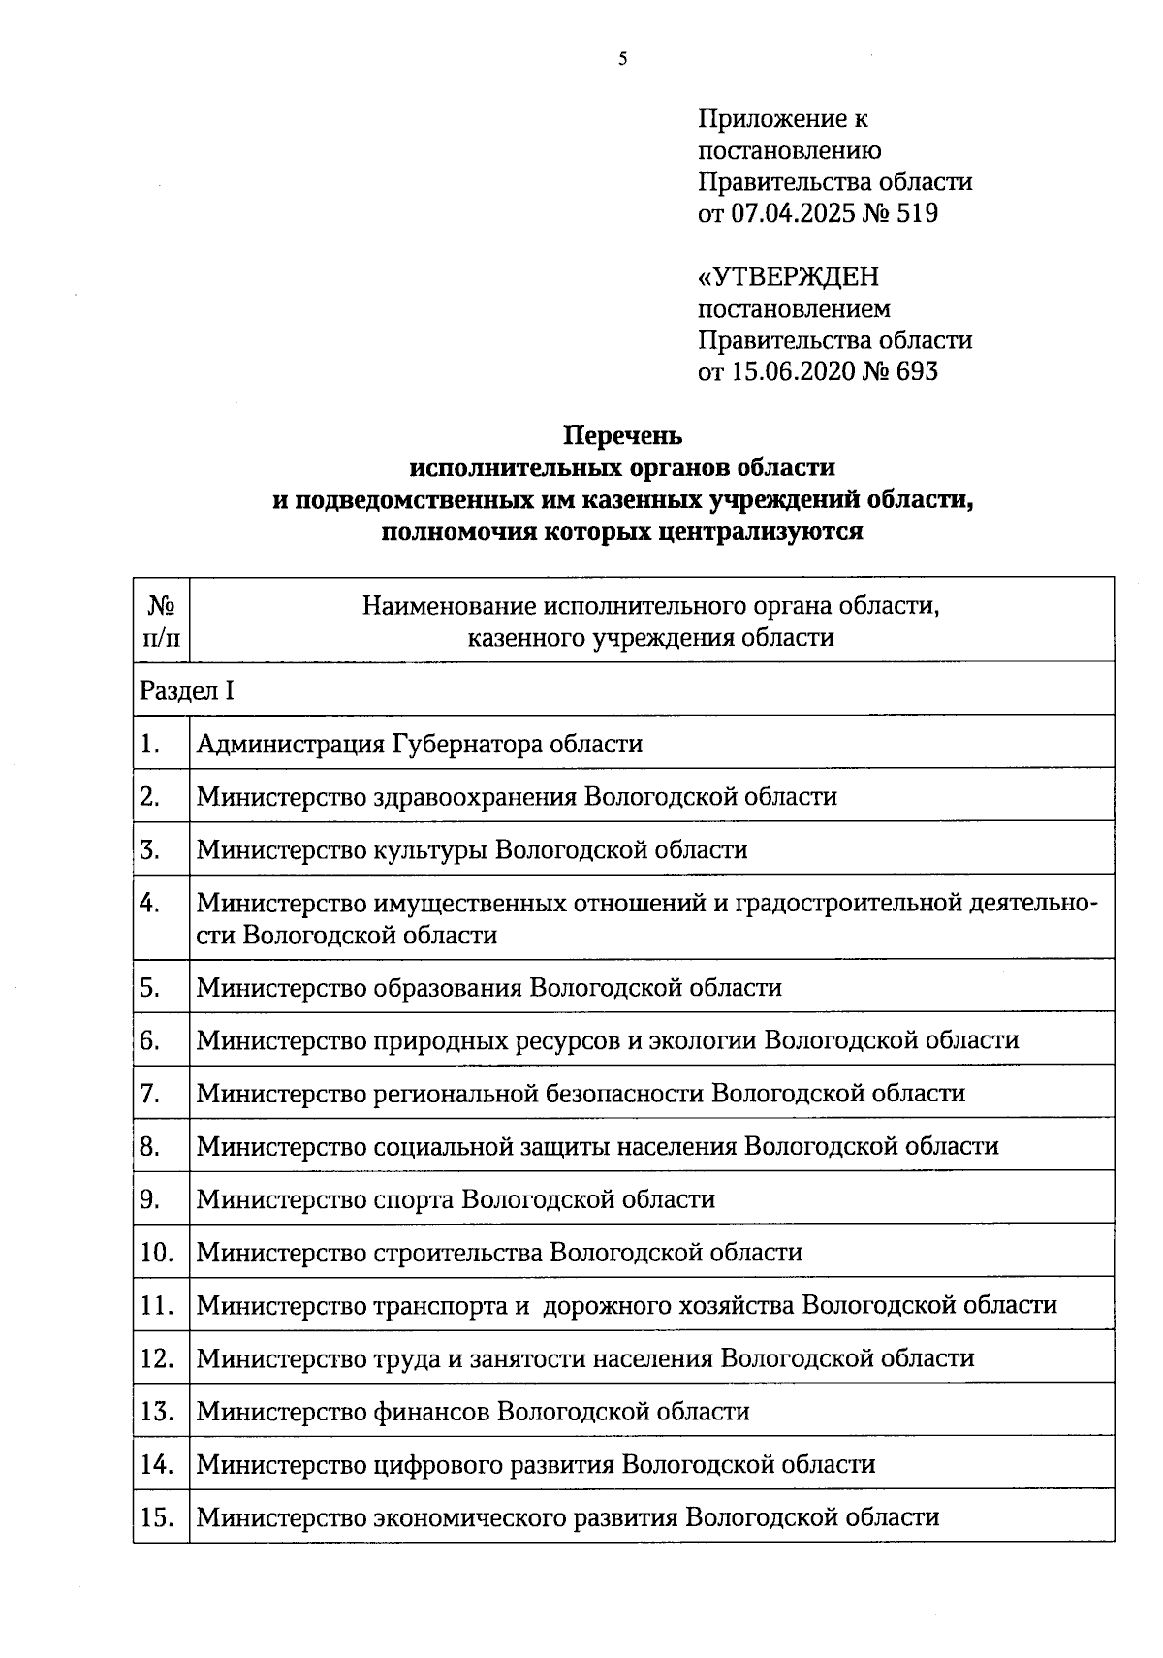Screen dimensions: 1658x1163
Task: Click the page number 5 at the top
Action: (622, 60)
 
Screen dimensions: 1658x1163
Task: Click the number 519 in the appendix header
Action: (916, 213)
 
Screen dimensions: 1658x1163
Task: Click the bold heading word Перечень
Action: (623, 436)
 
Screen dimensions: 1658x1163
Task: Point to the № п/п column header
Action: (162, 622)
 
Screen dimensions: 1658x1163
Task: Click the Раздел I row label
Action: (187, 691)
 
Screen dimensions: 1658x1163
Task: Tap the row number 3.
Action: (150, 850)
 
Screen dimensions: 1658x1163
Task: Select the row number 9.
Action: (150, 1199)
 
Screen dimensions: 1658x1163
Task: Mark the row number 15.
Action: (157, 1517)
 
